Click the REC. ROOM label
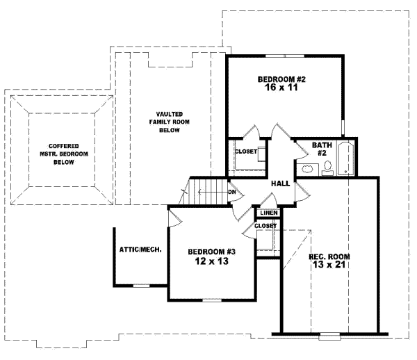[329, 256]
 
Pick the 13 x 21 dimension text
[329, 266]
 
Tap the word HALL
[281, 183]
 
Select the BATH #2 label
[322, 149]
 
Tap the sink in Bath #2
[306, 169]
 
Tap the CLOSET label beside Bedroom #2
[246, 151]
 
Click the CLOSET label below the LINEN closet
[265, 226]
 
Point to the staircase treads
[206, 190]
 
